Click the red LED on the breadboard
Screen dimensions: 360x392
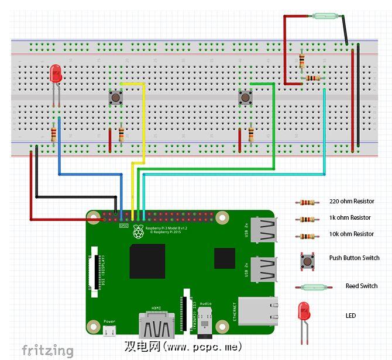tap(56, 73)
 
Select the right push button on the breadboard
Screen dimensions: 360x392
tap(245, 98)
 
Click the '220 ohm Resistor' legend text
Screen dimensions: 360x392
tap(351, 202)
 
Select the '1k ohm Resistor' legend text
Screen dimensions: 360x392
tap(350, 218)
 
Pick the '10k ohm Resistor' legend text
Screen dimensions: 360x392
tap(351, 234)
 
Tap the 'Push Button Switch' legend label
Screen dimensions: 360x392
tap(354, 258)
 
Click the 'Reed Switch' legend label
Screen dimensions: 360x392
tap(361, 286)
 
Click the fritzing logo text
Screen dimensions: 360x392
tap(48, 350)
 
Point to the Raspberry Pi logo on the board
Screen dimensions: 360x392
tap(139, 232)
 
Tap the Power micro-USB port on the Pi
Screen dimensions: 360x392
tap(109, 332)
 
